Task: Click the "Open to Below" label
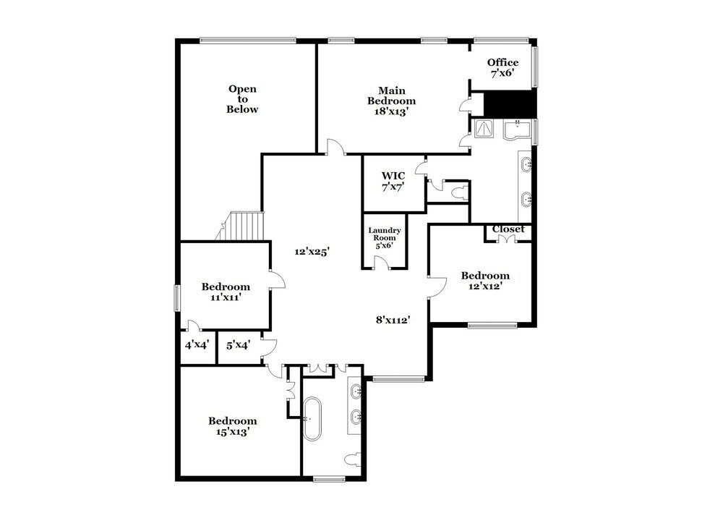point(242,99)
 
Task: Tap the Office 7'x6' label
point(502,68)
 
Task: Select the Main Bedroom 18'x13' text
point(391,101)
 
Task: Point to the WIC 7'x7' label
point(393,181)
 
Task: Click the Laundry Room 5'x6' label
point(384,238)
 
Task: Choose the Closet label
point(508,229)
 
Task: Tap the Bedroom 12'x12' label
point(485,281)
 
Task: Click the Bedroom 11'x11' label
point(226,292)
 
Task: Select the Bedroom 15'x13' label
point(232,426)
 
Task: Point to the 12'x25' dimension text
point(312,252)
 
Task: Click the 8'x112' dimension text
point(393,319)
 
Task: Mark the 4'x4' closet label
point(197,345)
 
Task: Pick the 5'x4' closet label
point(238,345)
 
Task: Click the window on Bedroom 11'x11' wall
point(176,298)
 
